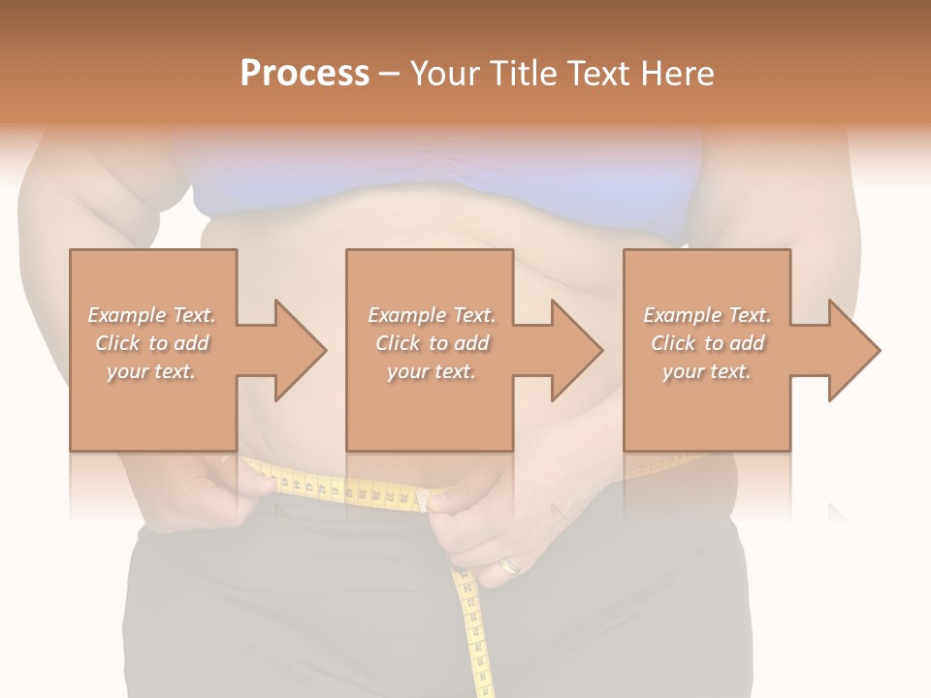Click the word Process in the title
click(x=305, y=74)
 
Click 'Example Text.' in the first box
click(x=152, y=315)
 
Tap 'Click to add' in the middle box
click(x=432, y=343)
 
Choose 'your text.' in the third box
click(x=707, y=371)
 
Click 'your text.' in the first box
click(x=152, y=371)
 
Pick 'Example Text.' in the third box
click(x=707, y=315)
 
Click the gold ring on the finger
click(x=507, y=565)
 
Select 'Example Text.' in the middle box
click(x=432, y=315)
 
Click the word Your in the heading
click(x=445, y=74)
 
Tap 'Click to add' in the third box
click(x=707, y=343)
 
